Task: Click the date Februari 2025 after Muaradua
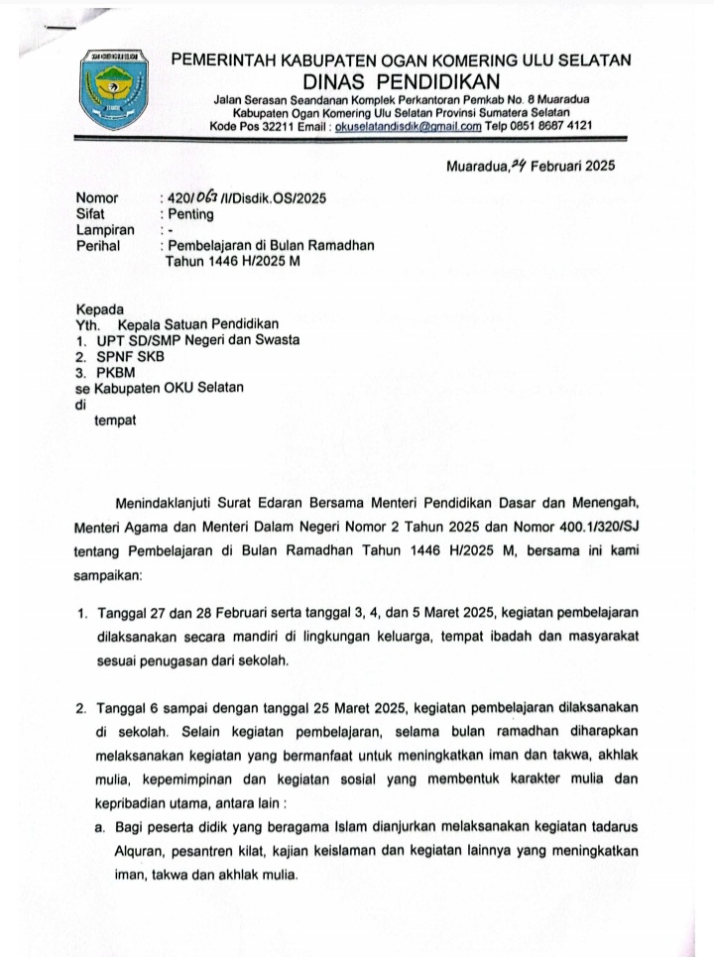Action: click(572, 166)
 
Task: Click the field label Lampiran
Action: click(105, 229)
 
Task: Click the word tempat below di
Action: click(115, 419)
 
